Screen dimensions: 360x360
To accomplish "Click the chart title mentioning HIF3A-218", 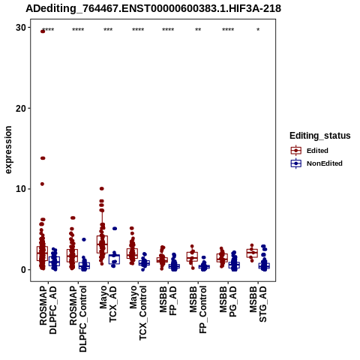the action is [x=153, y=9].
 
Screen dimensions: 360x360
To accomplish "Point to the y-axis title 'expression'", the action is [x=8, y=150].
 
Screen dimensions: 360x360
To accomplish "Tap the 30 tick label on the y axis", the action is [x=21, y=28].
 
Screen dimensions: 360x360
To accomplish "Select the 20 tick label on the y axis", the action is [x=21, y=108].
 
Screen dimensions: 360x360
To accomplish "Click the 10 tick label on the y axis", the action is [x=21, y=189].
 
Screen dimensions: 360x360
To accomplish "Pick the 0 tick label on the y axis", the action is [x=23, y=270].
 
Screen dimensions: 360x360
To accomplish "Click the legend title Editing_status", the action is [x=320, y=136].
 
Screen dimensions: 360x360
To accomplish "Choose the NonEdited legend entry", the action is [x=316, y=163].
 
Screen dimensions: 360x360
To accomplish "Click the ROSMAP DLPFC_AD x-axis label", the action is [x=48, y=310].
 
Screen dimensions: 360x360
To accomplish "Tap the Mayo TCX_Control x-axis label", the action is [x=138, y=313].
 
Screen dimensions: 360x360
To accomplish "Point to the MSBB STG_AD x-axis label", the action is [x=258, y=304].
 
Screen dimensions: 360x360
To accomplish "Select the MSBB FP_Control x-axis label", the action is [x=198, y=310].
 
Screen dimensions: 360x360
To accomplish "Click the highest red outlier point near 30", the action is [x=43, y=31].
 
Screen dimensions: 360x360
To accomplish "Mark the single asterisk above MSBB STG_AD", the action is [x=258, y=30].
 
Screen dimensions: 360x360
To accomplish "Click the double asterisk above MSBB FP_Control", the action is [x=198, y=30].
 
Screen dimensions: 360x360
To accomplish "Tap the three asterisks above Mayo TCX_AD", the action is [x=108, y=30].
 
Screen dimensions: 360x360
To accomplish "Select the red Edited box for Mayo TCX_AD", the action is [x=102, y=244].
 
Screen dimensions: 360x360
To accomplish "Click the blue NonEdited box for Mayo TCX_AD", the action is [x=114, y=259].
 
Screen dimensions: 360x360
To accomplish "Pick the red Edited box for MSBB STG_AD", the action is [x=252, y=253].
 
